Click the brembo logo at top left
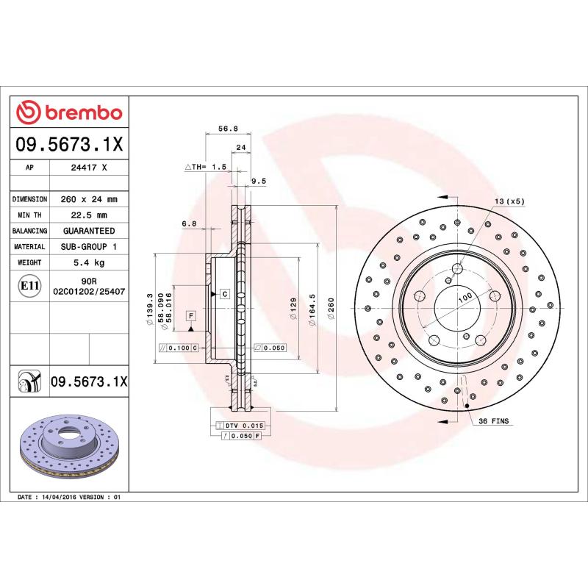click(69, 112)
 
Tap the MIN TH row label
click(30, 215)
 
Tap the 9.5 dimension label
click(258, 180)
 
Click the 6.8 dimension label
click(189, 223)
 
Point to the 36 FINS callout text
click(494, 421)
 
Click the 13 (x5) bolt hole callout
click(509, 201)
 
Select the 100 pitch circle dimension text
click(465, 298)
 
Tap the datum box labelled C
click(224, 294)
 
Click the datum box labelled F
click(190, 316)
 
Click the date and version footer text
click(68, 498)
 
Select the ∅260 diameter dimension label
click(331, 305)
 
